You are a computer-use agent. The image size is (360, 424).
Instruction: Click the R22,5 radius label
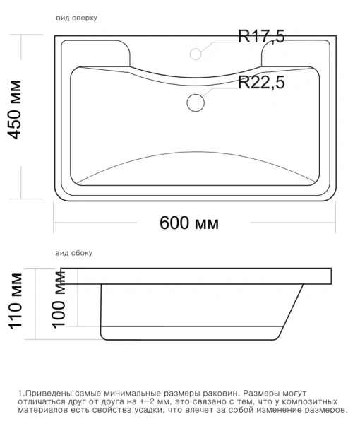click(x=261, y=83)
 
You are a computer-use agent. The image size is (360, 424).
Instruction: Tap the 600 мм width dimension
click(x=189, y=223)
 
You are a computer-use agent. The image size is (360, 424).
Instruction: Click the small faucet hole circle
click(x=197, y=53)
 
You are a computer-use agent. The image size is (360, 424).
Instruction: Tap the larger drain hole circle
click(x=196, y=102)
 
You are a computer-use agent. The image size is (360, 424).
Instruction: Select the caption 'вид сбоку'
click(x=73, y=252)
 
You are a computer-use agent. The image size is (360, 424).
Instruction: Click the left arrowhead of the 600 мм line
click(x=56, y=223)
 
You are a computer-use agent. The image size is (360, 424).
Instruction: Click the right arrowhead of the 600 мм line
click(x=332, y=223)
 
